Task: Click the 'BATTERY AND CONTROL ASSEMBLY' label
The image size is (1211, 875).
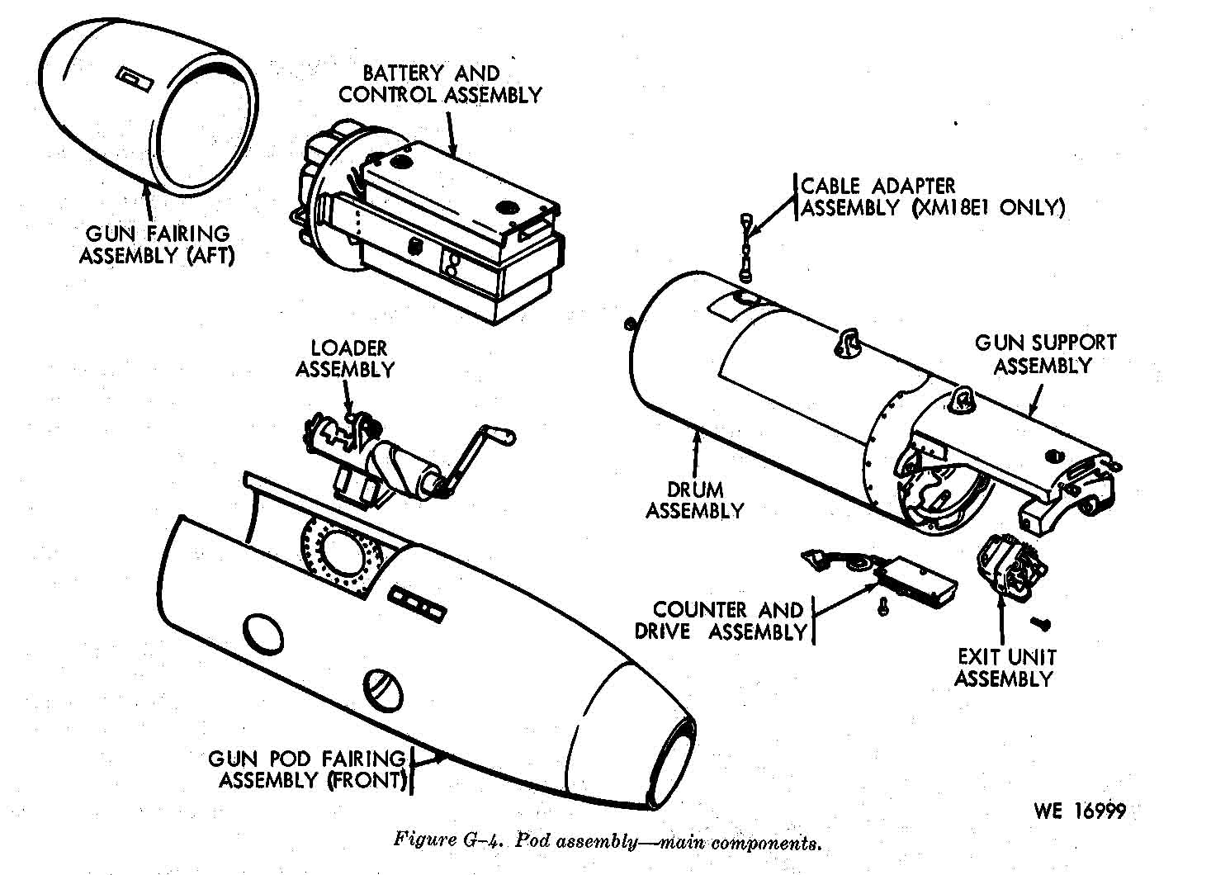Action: pos(439,84)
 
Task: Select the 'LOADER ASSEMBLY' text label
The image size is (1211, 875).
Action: pos(345,359)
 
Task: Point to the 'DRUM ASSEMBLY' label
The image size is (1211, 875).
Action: pos(694,500)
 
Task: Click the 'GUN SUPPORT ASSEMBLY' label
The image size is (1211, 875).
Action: pos(1044,353)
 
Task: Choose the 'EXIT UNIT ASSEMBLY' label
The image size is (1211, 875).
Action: pos(1005,668)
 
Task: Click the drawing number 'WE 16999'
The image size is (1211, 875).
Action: pos(1079,811)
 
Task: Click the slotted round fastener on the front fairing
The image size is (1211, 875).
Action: pos(386,688)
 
